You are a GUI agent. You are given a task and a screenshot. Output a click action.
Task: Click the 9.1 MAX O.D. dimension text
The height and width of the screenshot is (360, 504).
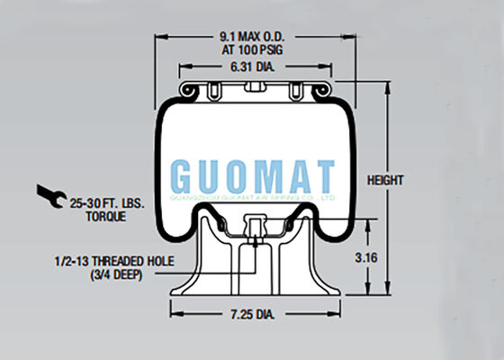tap(252, 37)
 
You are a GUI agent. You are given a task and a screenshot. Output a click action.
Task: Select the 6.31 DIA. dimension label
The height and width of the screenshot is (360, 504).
tap(252, 67)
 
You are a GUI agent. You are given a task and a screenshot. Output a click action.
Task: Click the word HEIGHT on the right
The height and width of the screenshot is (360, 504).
tap(387, 180)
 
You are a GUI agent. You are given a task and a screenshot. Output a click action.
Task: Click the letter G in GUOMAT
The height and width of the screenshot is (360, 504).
tap(183, 175)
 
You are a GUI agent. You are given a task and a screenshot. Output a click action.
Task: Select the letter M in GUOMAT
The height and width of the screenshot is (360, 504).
tap(267, 175)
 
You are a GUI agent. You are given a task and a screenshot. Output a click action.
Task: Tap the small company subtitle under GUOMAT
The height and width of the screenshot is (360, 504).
tap(254, 193)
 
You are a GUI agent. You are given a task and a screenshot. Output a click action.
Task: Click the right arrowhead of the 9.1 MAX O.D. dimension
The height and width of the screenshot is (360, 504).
tap(346, 37)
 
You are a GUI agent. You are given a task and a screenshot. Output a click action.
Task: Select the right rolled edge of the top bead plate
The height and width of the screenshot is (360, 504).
tap(318, 90)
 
